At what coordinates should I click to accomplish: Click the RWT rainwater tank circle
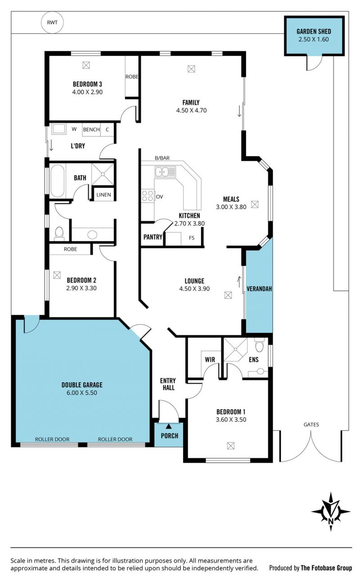coord(52,23)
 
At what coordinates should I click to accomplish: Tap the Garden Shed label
coord(314,32)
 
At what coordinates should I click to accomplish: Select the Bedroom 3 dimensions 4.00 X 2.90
coord(87,92)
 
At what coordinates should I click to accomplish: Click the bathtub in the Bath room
coord(58,181)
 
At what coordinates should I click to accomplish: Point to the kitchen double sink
coord(165,172)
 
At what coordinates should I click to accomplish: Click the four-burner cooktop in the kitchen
coord(147,196)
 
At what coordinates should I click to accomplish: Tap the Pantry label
coord(153,237)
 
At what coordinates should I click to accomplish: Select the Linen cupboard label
coord(103,194)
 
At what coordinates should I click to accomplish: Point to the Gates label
coord(311,425)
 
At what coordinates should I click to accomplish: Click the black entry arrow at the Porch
coord(169,426)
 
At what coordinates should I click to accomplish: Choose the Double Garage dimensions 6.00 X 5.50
coord(82,393)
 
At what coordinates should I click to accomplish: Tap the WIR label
coord(210,359)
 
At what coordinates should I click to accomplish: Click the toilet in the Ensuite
coord(259,345)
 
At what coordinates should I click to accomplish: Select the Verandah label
coord(259,289)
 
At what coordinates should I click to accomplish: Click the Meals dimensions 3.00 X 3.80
coord(231,207)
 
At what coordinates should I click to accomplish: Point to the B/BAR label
coord(162,158)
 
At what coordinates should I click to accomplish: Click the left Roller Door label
coord(52,439)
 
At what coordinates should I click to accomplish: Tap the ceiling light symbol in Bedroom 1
coord(230,446)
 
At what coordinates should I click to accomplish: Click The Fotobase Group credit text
coord(326,568)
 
